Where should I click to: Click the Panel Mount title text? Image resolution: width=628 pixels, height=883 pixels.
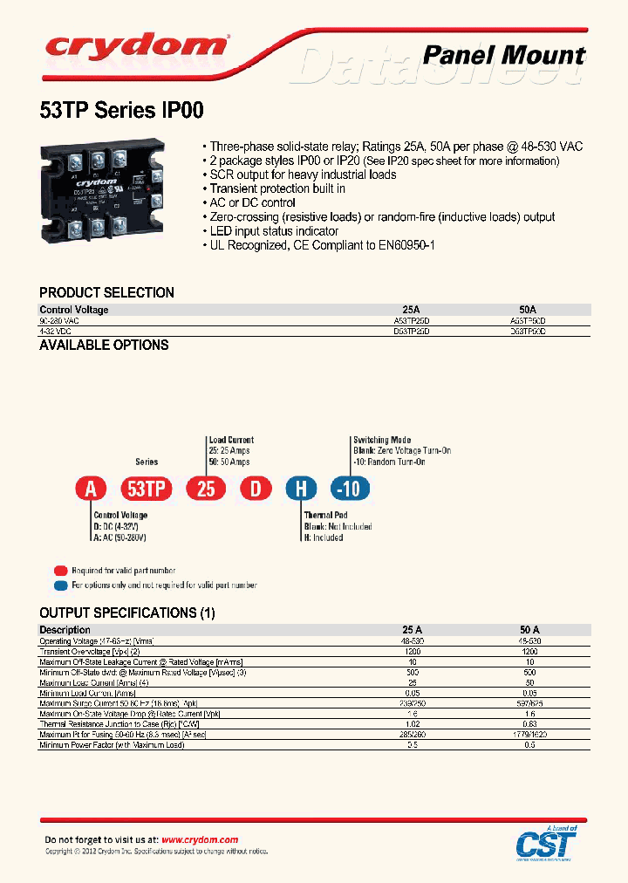(x=503, y=56)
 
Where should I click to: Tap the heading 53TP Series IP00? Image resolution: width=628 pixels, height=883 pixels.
(x=122, y=111)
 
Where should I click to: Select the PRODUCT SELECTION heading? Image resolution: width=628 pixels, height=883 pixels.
(x=106, y=292)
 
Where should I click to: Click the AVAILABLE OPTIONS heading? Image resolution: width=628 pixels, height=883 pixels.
(x=104, y=345)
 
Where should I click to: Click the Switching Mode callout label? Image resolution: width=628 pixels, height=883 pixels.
(x=381, y=441)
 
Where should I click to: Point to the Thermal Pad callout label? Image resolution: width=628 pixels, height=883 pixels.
(x=325, y=516)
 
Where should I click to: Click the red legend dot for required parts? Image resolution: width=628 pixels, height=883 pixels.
(x=60, y=570)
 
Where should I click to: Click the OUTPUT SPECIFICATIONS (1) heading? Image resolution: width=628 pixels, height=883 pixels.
(x=126, y=613)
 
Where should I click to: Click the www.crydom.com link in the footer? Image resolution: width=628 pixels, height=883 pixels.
(x=200, y=839)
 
